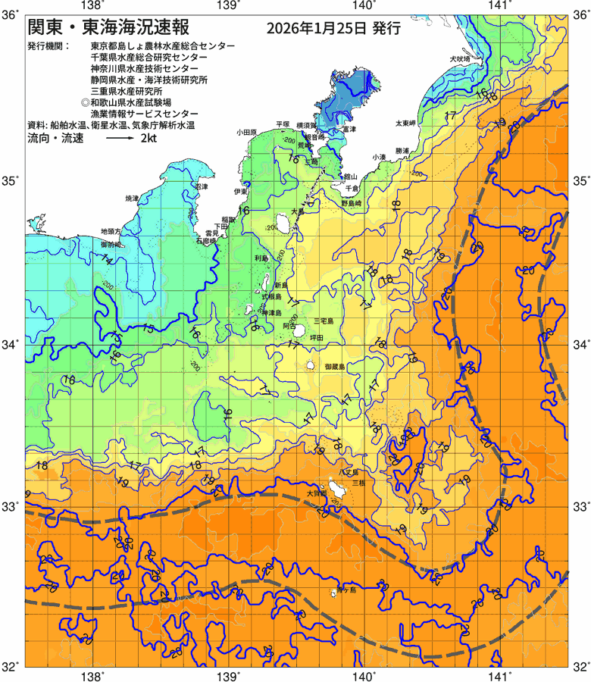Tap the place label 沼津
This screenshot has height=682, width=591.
[x=201, y=186]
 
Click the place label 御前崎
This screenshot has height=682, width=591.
[x=111, y=245]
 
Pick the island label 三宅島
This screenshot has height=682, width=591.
[x=329, y=321]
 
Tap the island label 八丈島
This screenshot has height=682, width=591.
[x=348, y=472]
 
